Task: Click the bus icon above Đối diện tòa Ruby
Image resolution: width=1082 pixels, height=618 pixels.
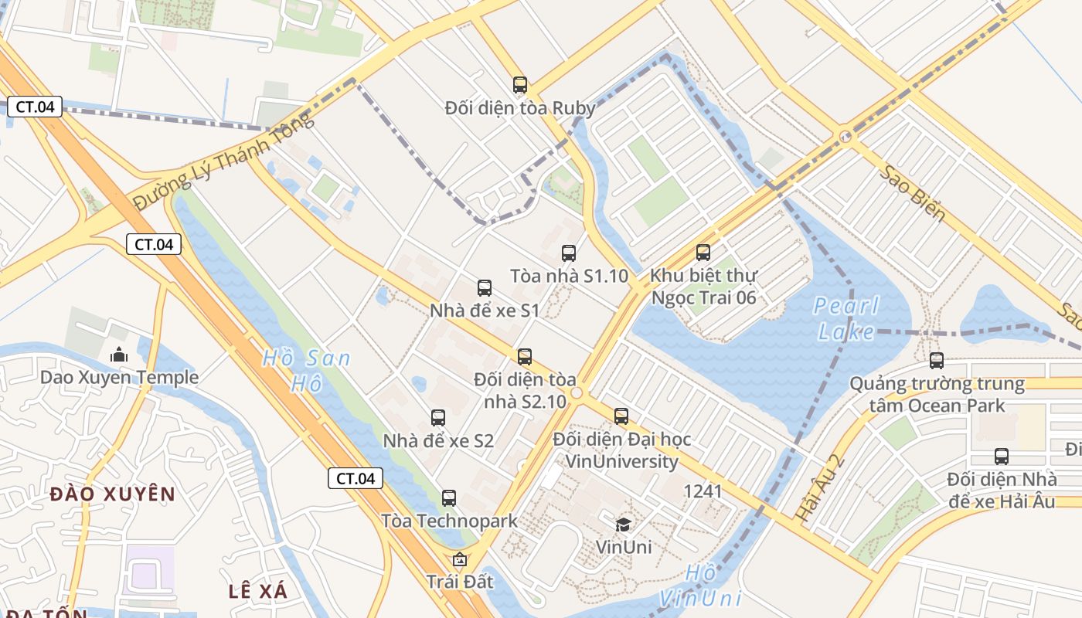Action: [520, 85]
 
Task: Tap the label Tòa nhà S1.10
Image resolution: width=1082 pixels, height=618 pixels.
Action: [569, 276]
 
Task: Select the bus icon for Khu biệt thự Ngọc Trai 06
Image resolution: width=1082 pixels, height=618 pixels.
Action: [703, 253]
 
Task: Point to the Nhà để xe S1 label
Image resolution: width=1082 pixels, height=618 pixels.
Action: [485, 311]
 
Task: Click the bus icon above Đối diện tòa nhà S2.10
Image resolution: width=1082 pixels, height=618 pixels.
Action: [525, 357]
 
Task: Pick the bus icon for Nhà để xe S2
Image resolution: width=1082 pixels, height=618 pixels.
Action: [438, 418]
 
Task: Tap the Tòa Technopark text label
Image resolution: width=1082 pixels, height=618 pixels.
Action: [449, 521]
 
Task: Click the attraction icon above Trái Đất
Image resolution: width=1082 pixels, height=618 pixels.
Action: [460, 559]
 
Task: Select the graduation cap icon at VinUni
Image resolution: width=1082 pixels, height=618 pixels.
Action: [623, 525]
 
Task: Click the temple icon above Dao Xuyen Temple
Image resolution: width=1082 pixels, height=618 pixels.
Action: [119, 355]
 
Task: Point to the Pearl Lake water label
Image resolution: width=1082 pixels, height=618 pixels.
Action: [847, 319]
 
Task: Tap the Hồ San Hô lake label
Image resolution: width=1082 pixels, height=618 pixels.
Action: [306, 370]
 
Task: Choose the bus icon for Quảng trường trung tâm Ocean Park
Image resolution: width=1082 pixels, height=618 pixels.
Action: [937, 360]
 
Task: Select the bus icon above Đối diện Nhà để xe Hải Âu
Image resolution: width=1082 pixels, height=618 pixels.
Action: [1002, 457]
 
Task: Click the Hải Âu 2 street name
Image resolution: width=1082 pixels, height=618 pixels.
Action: [820, 487]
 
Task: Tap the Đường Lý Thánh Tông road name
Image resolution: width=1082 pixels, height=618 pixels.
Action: [225, 160]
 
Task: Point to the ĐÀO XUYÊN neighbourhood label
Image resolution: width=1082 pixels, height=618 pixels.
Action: [113, 494]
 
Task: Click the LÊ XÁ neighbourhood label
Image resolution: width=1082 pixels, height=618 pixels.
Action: [258, 592]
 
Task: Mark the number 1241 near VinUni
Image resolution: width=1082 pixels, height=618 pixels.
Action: [703, 491]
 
